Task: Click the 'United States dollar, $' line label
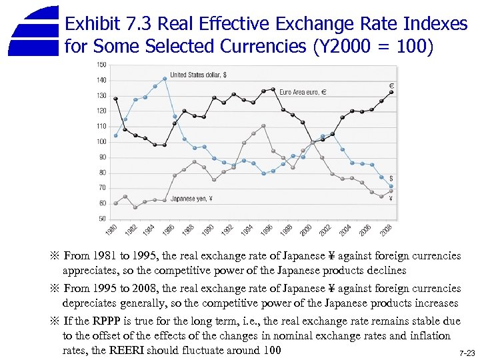tap(198, 75)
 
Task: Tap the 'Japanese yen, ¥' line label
tap(191, 197)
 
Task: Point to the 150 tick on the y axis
tap(101, 65)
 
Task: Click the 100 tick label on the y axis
tap(101, 141)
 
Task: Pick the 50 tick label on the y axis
tap(101, 218)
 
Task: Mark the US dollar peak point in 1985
tap(165, 79)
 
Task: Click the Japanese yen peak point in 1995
tap(263, 126)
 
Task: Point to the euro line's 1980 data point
tap(115, 99)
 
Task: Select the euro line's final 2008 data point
tap(391, 92)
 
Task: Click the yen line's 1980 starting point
tap(115, 203)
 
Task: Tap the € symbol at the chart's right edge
tap(391, 85)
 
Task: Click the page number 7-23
tap(467, 353)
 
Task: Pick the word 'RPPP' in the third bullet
tap(99, 321)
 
